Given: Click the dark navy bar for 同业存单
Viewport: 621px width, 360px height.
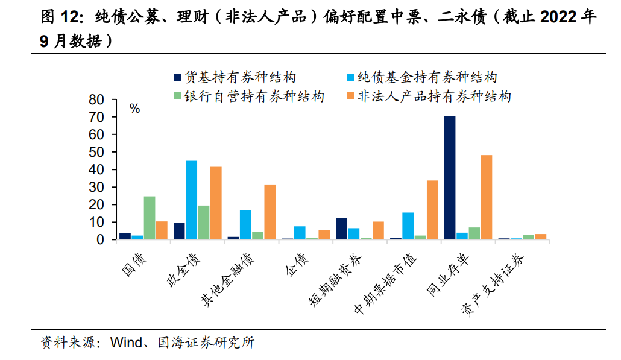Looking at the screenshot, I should pyautogui.click(x=450, y=177).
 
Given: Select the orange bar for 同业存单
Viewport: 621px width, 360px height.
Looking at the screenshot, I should pyautogui.click(x=486, y=197).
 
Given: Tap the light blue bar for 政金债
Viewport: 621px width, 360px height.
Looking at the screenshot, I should pyautogui.click(x=191, y=200).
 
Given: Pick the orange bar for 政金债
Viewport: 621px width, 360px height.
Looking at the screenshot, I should pyautogui.click(x=216, y=203).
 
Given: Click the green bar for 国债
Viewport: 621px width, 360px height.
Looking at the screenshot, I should pyautogui.click(x=150, y=218).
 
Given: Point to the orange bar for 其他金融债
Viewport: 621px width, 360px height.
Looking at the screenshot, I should pyautogui.click(x=270, y=212).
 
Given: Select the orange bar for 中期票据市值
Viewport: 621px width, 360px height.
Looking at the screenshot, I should pyautogui.click(x=432, y=209).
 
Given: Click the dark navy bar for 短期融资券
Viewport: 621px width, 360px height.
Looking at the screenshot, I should pyautogui.click(x=341, y=229).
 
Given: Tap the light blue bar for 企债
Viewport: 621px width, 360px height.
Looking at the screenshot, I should pyautogui.click(x=300, y=233).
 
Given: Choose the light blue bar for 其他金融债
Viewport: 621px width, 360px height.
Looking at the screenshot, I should pyautogui.click(x=245, y=224).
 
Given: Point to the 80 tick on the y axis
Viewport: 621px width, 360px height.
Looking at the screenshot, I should pyautogui.click(x=96, y=99).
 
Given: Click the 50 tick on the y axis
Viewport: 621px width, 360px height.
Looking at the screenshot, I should pyautogui.click(x=96, y=152).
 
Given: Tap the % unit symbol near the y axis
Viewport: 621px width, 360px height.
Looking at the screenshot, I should pyautogui.click(x=134, y=109).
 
